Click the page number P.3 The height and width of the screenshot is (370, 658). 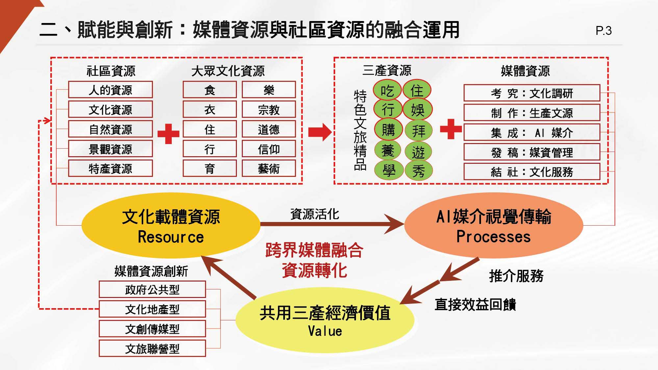603,31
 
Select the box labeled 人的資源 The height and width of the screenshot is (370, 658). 111,90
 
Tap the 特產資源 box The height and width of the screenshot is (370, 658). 111,169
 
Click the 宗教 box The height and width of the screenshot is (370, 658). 269,110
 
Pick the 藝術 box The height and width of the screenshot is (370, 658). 269,169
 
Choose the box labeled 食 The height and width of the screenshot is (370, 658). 210,90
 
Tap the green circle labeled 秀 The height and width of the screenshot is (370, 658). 418,171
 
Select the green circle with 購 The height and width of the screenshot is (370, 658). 388,130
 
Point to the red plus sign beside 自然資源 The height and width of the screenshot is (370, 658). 168,134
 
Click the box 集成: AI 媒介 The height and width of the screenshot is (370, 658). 532,133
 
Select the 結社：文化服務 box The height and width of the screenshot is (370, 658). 532,172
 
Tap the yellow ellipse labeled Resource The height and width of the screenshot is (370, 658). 171,226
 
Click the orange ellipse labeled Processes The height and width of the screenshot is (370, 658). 493,226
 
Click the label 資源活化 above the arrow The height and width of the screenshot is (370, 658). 315,214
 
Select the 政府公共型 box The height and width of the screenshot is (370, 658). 152,289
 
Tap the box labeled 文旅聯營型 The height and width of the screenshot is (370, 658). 152,349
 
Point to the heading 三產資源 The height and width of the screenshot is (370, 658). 387,70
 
